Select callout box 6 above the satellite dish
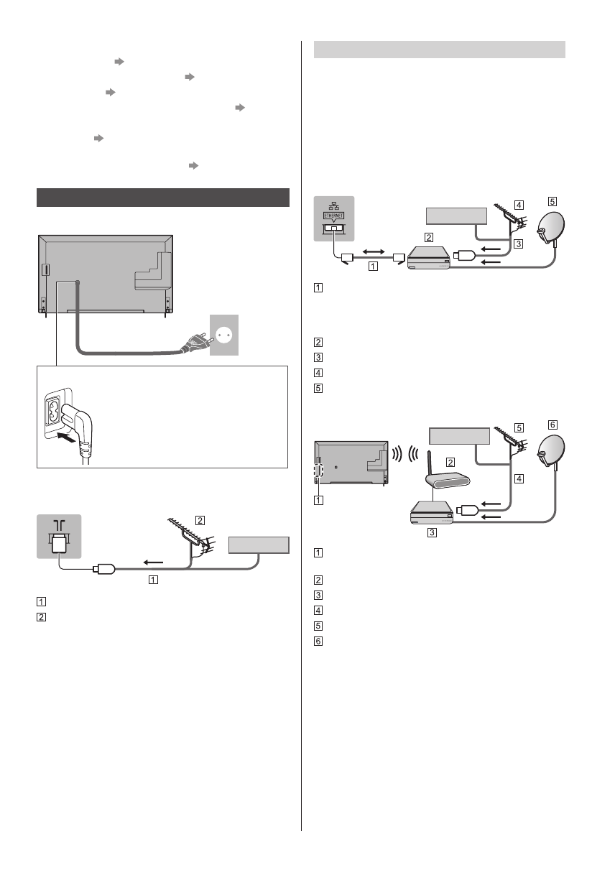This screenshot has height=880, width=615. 552,425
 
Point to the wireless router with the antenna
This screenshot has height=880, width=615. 438,479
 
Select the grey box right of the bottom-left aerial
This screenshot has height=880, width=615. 258,545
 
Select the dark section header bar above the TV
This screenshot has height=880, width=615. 162,198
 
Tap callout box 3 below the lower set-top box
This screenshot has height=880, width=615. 431,534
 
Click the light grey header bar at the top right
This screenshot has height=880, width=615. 440,50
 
